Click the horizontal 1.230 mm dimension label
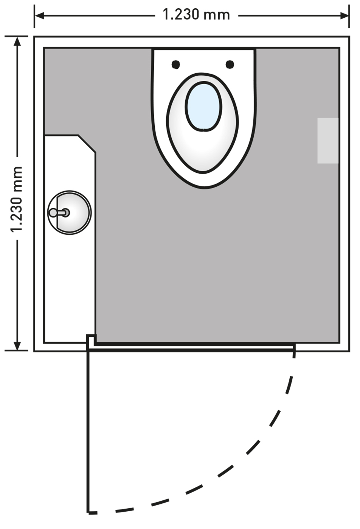tap(196, 15)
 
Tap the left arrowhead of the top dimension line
tap(39, 16)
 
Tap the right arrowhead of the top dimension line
tap(344, 16)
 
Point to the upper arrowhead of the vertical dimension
tap(17, 41)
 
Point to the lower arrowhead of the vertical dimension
tap(17, 346)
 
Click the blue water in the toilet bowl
tap(203, 106)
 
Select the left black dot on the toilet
tap(176, 65)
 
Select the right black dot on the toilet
tap(230, 65)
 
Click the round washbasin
tap(70, 212)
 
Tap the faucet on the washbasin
tap(59, 212)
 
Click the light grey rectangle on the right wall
tap(327, 141)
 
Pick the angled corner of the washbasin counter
tap(87, 144)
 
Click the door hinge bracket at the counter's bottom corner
tap(91, 340)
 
